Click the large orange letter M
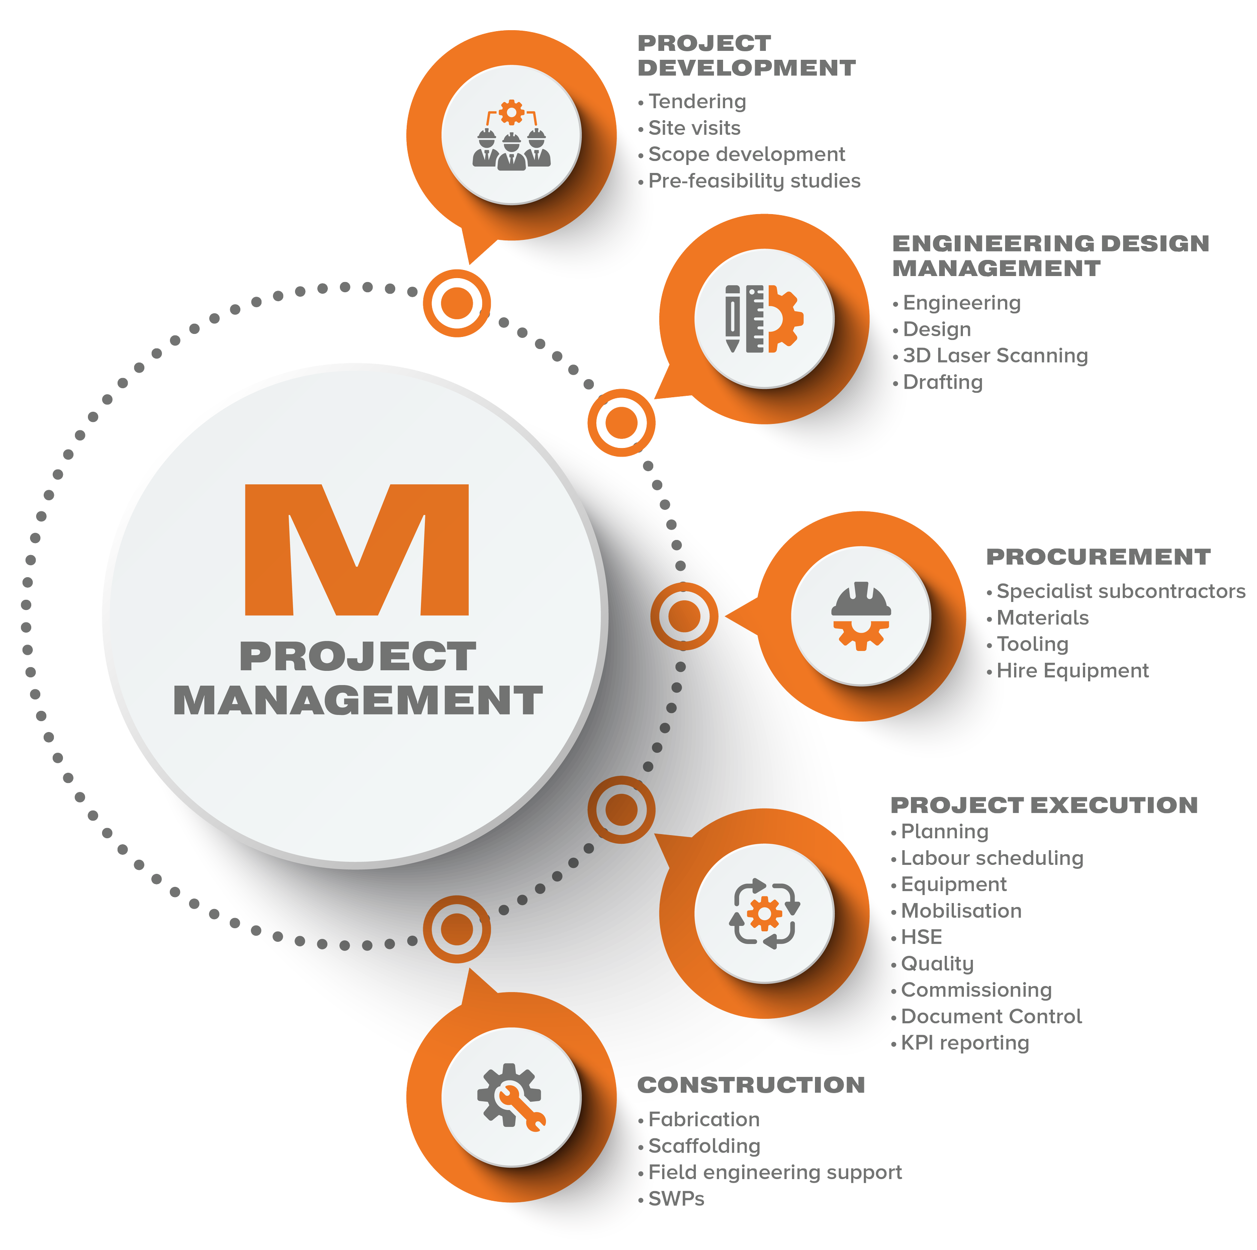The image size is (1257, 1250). [x=356, y=550]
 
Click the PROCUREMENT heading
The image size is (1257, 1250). [x=1098, y=557]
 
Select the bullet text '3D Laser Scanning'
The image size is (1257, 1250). [x=995, y=356]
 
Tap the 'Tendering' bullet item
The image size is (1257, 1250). [x=697, y=102]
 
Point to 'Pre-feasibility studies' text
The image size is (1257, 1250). [x=754, y=181]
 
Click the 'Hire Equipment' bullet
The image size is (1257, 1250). [x=1072, y=671]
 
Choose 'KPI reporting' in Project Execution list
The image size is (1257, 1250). [x=964, y=1043]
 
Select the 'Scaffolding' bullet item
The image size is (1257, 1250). [x=704, y=1146]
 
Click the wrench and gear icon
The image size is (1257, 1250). [x=511, y=1097]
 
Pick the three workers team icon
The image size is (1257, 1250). [x=511, y=135]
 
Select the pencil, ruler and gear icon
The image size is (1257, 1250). [x=764, y=319]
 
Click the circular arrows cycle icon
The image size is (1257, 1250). [x=764, y=914]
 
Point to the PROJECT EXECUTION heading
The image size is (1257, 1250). [x=1044, y=805]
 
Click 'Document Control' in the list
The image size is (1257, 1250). [x=991, y=1016]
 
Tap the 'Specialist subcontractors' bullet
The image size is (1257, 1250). [x=1120, y=591]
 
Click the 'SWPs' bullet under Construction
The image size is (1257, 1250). [x=676, y=1199]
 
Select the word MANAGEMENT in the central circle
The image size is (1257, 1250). [x=358, y=701]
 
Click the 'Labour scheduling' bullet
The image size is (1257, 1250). [x=992, y=858]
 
